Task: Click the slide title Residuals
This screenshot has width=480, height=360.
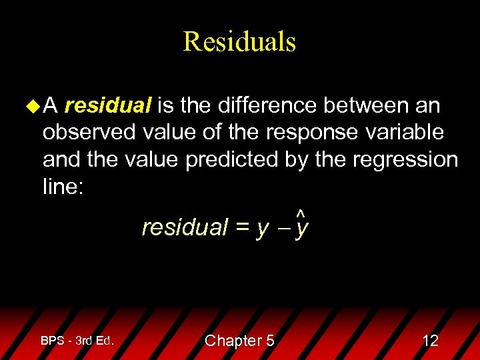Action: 239,41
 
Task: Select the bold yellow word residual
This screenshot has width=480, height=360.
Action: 109,105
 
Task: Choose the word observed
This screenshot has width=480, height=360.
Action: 89,132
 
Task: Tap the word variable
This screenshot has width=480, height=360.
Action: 405,132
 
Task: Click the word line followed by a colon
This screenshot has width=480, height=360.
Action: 63,187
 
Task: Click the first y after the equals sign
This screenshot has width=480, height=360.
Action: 262,229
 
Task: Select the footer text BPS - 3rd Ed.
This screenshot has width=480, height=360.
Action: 77,341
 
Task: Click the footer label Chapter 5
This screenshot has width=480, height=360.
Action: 239,341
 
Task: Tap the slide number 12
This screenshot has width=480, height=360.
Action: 431,341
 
